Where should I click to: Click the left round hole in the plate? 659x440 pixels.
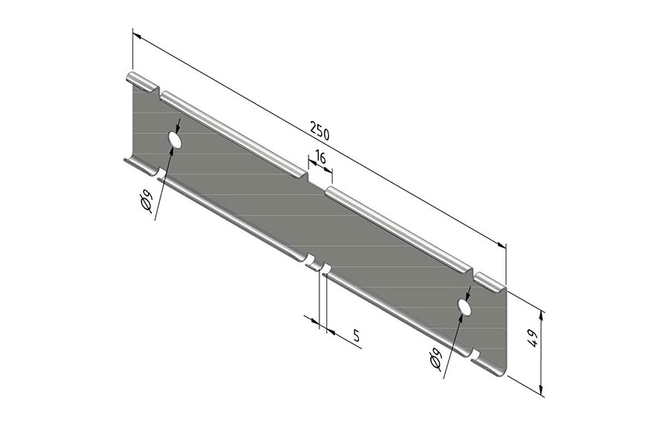click(174, 140)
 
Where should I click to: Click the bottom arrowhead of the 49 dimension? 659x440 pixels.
click(541, 393)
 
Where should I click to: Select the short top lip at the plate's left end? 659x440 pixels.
click(140, 80)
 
